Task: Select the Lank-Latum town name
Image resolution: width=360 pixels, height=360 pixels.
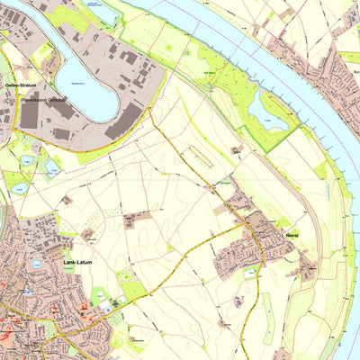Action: click(x=77, y=262)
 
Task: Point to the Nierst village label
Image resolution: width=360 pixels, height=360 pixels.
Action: click(x=290, y=231)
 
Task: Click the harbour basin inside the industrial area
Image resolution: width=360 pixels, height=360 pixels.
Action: click(x=85, y=85)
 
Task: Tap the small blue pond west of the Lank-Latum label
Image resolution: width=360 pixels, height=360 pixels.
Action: click(x=37, y=265)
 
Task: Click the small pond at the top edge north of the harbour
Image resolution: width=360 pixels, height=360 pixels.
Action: click(x=100, y=11)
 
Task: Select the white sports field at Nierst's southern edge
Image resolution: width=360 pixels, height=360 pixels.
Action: click(x=250, y=276)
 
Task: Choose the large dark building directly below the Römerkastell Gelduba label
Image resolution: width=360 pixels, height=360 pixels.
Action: click(x=30, y=116)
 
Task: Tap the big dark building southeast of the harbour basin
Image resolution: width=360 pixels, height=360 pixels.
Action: click(x=121, y=121)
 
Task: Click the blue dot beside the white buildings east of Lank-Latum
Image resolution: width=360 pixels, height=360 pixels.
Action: click(x=114, y=304)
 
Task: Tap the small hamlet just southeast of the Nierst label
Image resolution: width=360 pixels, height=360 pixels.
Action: click(x=306, y=264)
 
